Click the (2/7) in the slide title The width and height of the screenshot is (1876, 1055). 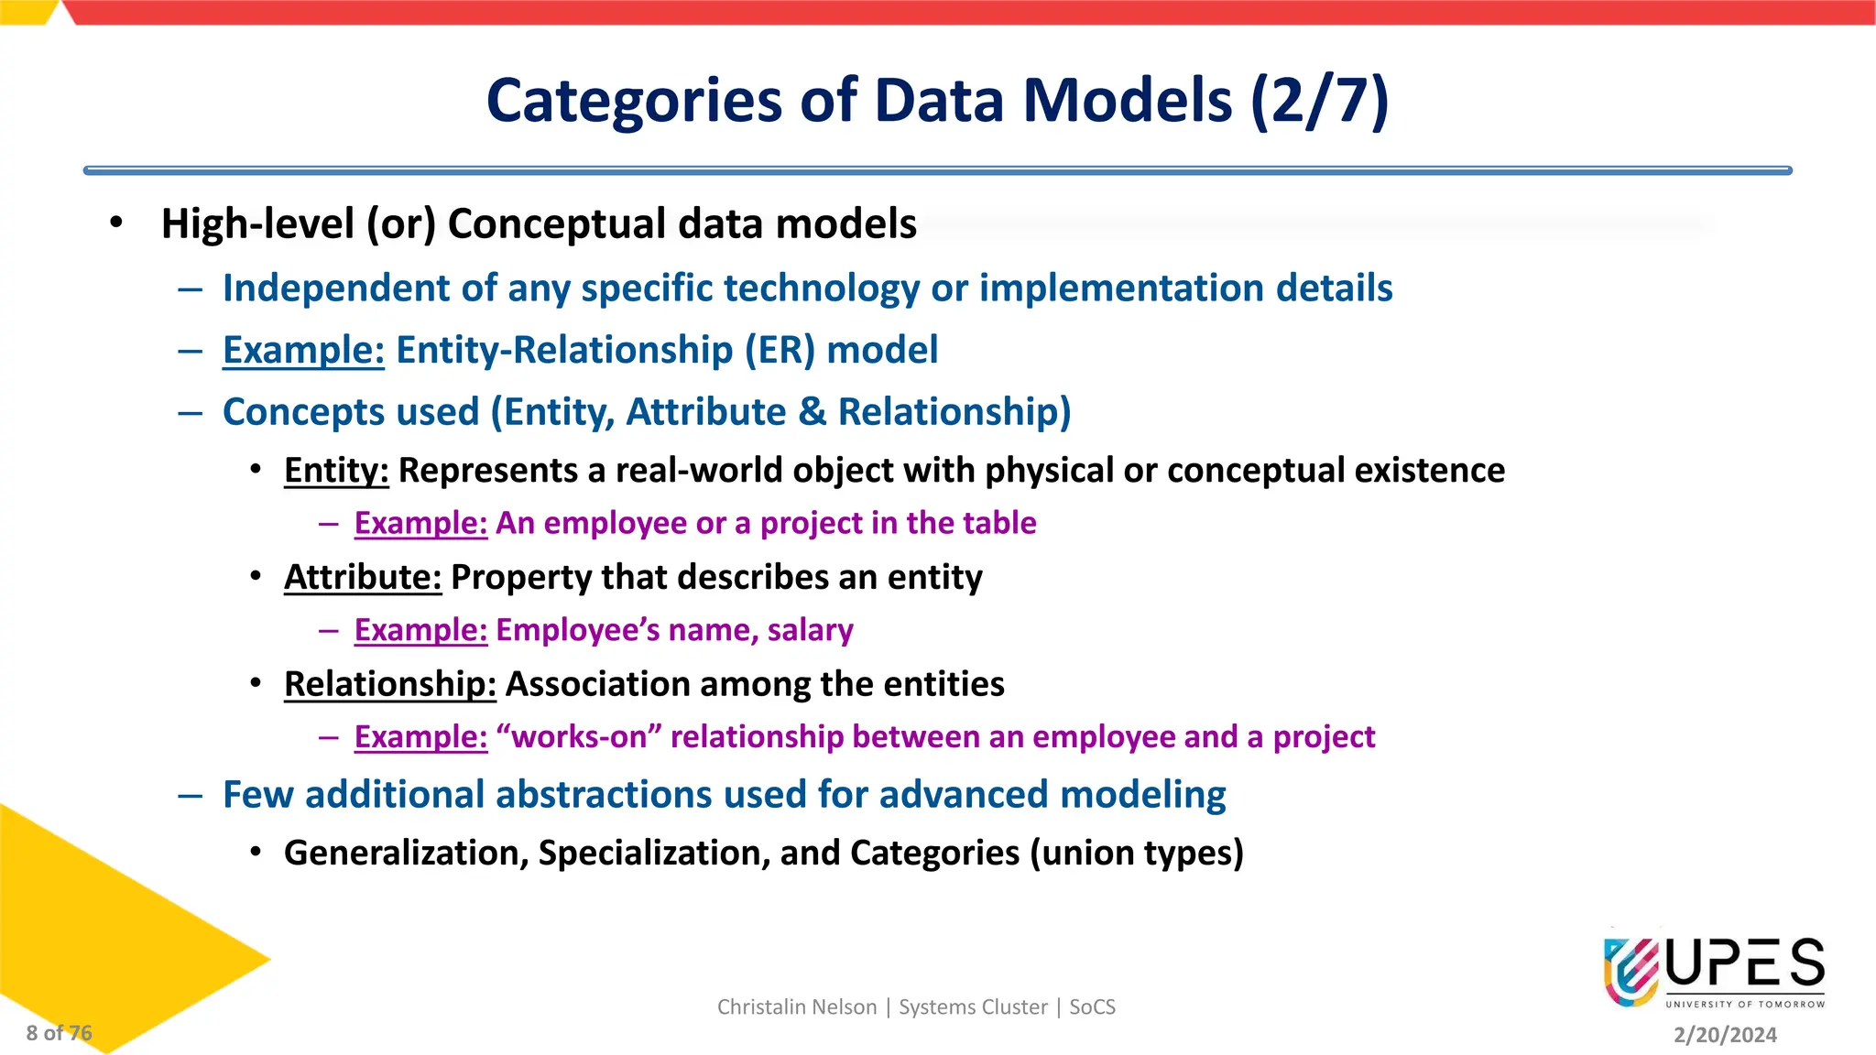pyautogui.click(x=1319, y=100)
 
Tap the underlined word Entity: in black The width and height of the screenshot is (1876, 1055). pyautogui.click(x=336, y=470)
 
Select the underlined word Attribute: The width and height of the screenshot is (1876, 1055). pyautogui.click(x=363, y=577)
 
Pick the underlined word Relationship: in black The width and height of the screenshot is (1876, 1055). pyautogui.click(x=389, y=684)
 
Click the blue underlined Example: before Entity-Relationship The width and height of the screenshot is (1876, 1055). pyautogui.click(x=303, y=350)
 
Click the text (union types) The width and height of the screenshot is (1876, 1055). pyautogui.click(x=1137, y=853)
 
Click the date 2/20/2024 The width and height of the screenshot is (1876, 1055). pyautogui.click(x=1725, y=1035)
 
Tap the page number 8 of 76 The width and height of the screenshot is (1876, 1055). pyautogui.click(x=59, y=1033)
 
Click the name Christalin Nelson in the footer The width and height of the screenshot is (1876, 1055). pyautogui.click(x=797, y=1007)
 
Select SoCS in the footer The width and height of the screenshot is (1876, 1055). pyautogui.click(x=1092, y=1007)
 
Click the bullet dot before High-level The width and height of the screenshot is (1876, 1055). pyautogui.click(x=115, y=223)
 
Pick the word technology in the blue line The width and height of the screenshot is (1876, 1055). pyautogui.click(x=822, y=288)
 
